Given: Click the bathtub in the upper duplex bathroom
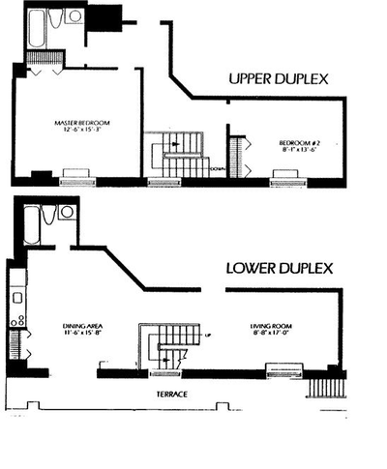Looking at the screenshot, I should point(36,24).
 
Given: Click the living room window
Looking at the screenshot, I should point(283,369).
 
